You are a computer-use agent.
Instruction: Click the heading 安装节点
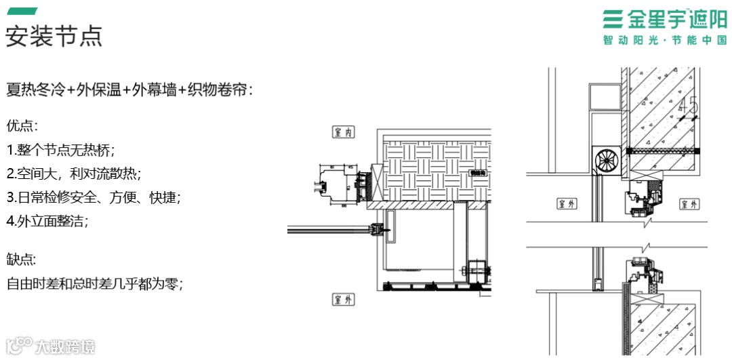(x=54, y=35)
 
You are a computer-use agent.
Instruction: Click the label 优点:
(x=22, y=126)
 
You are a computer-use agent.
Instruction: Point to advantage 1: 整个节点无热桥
(x=61, y=150)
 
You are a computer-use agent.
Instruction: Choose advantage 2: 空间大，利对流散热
(x=74, y=174)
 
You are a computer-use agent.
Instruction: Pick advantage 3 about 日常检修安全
(x=94, y=197)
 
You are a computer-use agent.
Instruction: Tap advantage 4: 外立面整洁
(x=47, y=221)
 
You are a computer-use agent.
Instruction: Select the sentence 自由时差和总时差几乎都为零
(x=96, y=283)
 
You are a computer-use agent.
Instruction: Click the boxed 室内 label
(x=344, y=132)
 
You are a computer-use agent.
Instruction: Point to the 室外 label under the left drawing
(x=344, y=299)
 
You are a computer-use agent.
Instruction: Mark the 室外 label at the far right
(x=690, y=203)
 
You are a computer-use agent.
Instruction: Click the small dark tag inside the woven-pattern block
(x=479, y=172)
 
